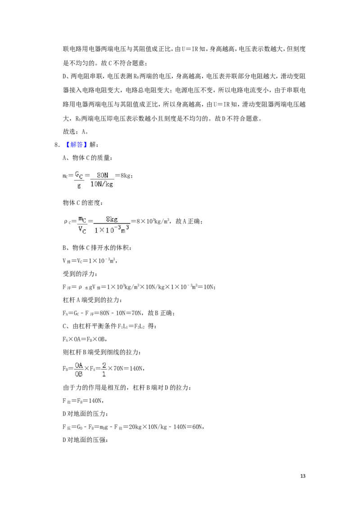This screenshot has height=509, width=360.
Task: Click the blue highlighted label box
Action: pyautogui.click(x=76, y=145)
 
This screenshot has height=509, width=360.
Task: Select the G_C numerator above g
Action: pyautogui.click(x=79, y=174)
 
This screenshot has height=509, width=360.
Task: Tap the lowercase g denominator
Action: pyautogui.click(x=79, y=185)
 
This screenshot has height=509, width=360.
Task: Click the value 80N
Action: pyautogui.click(x=103, y=175)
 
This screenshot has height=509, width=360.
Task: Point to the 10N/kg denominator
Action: pyautogui.click(x=102, y=184)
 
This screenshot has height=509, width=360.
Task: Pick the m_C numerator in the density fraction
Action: pyautogui.click(x=82, y=219)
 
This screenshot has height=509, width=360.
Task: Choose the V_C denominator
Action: pyautogui.click(x=82, y=230)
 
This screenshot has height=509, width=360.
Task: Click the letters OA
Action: pyautogui.click(x=79, y=365)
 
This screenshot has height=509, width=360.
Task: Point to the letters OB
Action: pyautogui.click(x=79, y=374)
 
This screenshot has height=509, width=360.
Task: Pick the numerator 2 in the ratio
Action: pyautogui.click(x=104, y=365)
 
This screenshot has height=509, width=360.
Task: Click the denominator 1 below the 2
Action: pyautogui.click(x=104, y=374)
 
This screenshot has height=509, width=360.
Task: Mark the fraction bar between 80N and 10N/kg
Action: pyautogui.click(x=102, y=179)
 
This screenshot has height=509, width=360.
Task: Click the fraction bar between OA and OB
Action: pyautogui.click(x=79, y=369)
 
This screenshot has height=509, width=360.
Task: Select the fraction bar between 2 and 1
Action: pyautogui.click(x=104, y=369)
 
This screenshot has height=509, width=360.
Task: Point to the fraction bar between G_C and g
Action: pyautogui.click(x=79, y=180)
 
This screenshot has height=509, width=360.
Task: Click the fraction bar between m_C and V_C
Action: pyautogui.click(x=82, y=224)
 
